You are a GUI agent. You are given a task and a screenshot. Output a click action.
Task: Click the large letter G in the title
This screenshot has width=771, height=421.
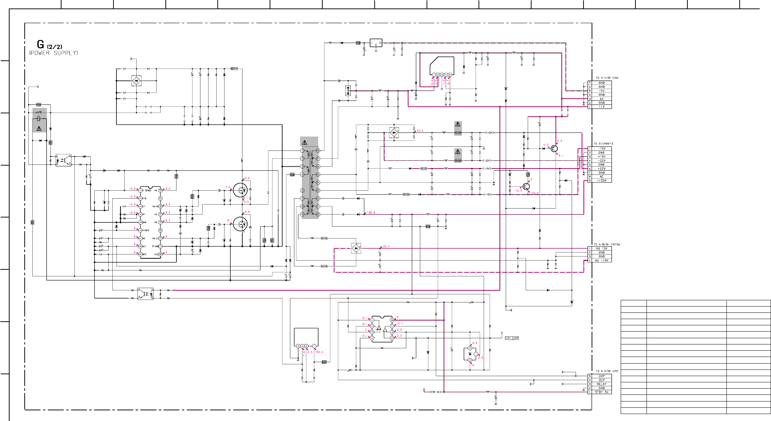click(x=41, y=45)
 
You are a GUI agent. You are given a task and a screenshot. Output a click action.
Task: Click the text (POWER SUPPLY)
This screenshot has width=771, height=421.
click(x=54, y=53)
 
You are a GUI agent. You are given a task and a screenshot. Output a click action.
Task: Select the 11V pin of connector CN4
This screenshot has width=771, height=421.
click(x=602, y=107)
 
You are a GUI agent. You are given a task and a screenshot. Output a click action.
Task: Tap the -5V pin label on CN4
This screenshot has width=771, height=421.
click(x=602, y=91)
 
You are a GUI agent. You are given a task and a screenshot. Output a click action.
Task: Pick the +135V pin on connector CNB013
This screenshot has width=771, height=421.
click(x=602, y=181)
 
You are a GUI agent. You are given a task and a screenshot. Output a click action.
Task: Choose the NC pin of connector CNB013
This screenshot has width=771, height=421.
click(x=602, y=177)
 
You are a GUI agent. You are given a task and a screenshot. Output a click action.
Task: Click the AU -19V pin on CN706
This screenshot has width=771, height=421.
click(x=602, y=261)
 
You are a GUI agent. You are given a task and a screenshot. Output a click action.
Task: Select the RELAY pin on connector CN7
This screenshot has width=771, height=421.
click(x=602, y=384)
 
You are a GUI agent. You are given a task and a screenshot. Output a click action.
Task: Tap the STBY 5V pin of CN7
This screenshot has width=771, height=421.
click(x=602, y=392)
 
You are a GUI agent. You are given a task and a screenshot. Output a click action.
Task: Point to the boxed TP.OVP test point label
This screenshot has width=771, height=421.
click(x=512, y=338)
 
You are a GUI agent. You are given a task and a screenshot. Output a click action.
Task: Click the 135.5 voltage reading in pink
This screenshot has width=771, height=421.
click(x=371, y=213)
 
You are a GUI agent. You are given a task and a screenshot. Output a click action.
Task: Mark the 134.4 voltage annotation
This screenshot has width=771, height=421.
click(x=319, y=352)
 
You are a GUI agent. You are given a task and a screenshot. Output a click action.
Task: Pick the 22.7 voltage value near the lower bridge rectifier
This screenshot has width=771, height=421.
click(x=386, y=247)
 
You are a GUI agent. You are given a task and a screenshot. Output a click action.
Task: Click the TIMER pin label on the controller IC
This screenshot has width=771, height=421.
click(x=146, y=231)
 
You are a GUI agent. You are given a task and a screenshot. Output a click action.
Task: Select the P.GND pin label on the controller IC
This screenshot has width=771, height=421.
click(x=155, y=247)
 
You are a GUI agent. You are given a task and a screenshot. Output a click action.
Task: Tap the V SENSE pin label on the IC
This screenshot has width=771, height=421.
click(x=148, y=191)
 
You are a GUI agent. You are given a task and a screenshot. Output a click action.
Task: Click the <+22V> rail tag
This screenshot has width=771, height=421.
click(x=490, y=133)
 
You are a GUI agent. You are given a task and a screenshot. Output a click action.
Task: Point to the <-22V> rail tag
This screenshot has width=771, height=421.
click(x=487, y=161)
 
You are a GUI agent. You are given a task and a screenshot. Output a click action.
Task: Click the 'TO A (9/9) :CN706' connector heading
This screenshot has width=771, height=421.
click(x=607, y=244)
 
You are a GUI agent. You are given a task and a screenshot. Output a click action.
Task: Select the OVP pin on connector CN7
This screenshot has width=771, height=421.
click(x=602, y=376)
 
